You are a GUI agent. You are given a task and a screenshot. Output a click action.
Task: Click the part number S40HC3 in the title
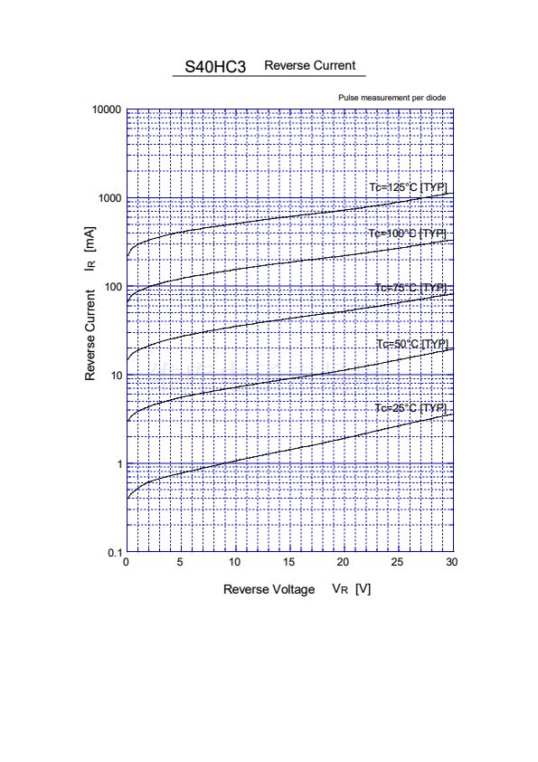(215, 67)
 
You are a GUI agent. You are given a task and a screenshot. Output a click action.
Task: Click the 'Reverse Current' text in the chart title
(310, 65)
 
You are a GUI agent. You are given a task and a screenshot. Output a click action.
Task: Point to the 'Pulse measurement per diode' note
(392, 98)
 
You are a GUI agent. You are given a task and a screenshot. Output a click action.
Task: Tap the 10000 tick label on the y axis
(107, 110)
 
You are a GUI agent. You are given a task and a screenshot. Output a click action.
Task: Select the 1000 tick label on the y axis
(109, 198)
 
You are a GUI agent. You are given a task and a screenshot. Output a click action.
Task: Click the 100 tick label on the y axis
(113, 287)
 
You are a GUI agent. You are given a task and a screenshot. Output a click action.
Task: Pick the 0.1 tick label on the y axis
(115, 553)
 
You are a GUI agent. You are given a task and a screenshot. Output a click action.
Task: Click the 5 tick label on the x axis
(180, 562)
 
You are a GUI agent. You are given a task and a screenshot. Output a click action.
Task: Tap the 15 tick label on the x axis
(288, 562)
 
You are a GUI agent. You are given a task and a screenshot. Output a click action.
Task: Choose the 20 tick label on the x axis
(343, 562)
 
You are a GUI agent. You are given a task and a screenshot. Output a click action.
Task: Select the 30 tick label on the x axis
(451, 562)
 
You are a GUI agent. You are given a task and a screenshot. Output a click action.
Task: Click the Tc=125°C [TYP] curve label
(408, 187)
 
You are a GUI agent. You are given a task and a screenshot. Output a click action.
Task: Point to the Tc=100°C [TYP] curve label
(407, 233)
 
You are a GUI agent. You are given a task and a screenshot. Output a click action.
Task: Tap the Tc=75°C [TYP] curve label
(411, 288)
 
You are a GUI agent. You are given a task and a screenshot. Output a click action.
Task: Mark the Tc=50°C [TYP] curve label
(412, 345)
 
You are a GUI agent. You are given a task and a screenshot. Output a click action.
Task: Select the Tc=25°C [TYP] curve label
(411, 408)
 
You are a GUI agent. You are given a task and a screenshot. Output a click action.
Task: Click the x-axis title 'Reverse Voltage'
(269, 589)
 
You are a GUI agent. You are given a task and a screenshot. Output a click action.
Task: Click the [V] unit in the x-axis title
(363, 589)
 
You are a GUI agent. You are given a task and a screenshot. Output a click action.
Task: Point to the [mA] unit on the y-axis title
(90, 239)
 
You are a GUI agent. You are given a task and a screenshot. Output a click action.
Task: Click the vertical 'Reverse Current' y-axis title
(90, 336)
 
